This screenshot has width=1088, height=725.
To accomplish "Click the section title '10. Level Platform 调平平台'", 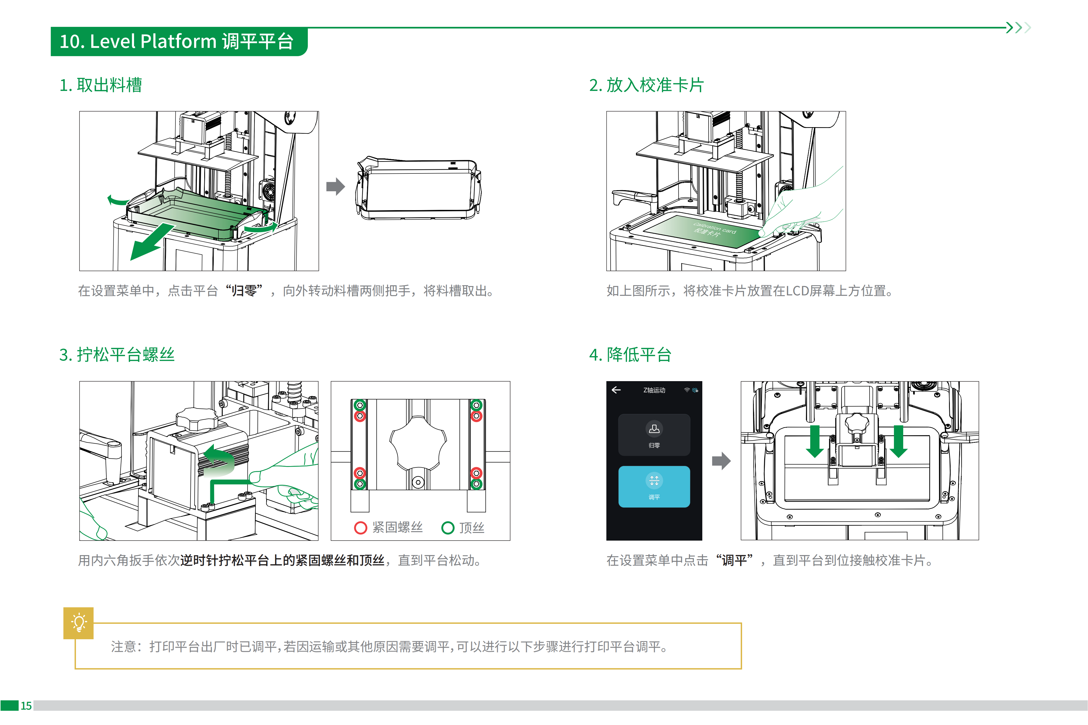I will click(177, 42).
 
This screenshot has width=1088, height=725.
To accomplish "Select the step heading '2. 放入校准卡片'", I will click(646, 85).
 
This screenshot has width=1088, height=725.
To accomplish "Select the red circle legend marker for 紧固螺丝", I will click(360, 527).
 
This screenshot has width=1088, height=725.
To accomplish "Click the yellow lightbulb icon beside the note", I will click(79, 622).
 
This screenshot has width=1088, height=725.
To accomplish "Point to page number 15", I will click(26, 706).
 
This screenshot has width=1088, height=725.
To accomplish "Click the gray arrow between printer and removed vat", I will click(335, 186).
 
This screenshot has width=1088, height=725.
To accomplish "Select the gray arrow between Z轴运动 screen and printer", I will click(721, 461).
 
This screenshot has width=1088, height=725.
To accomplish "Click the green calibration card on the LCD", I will click(702, 231).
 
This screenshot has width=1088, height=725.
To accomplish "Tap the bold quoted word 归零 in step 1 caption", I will click(244, 291).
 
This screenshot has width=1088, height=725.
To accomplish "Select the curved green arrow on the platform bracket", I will click(221, 460).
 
